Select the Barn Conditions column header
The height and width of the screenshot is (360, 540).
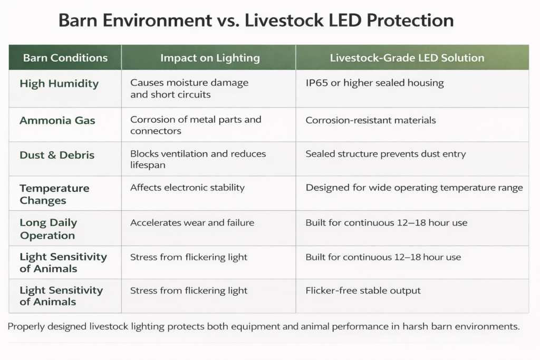click(x=65, y=58)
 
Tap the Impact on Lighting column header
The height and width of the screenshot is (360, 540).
click(x=210, y=58)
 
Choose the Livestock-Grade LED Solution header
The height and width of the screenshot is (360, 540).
click(x=407, y=58)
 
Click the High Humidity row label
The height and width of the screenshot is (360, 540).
click(x=59, y=84)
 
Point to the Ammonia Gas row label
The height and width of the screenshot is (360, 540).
click(x=57, y=121)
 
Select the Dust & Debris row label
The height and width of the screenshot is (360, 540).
click(x=57, y=155)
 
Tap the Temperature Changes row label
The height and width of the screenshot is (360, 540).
click(x=54, y=194)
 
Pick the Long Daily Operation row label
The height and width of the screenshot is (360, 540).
click(x=48, y=229)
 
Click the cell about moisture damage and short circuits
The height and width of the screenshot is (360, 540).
click(x=189, y=89)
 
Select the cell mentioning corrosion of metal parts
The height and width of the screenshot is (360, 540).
click(x=195, y=125)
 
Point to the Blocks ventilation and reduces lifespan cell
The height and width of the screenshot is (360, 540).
click(x=198, y=159)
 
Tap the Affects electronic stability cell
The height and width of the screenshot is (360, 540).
click(x=187, y=188)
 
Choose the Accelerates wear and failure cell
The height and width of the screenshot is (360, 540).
click(x=192, y=223)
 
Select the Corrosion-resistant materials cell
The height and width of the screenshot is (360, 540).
click(x=371, y=120)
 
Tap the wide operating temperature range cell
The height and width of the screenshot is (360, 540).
click(x=414, y=188)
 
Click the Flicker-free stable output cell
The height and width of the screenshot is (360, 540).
click(x=363, y=290)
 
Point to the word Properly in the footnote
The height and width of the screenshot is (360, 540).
click(x=25, y=327)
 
